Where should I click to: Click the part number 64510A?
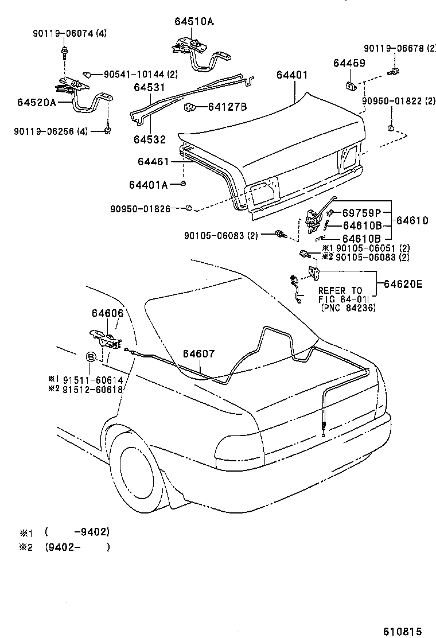194,22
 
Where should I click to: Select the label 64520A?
37,103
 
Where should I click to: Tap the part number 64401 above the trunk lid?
292,75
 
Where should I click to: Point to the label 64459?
350,63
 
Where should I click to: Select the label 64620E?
403,283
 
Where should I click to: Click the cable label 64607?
198,354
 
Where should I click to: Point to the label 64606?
107,314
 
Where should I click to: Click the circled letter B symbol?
91,357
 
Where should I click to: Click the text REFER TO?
340,291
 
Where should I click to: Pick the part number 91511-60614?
92,380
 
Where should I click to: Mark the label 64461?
153,162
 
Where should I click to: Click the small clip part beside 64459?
349,85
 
